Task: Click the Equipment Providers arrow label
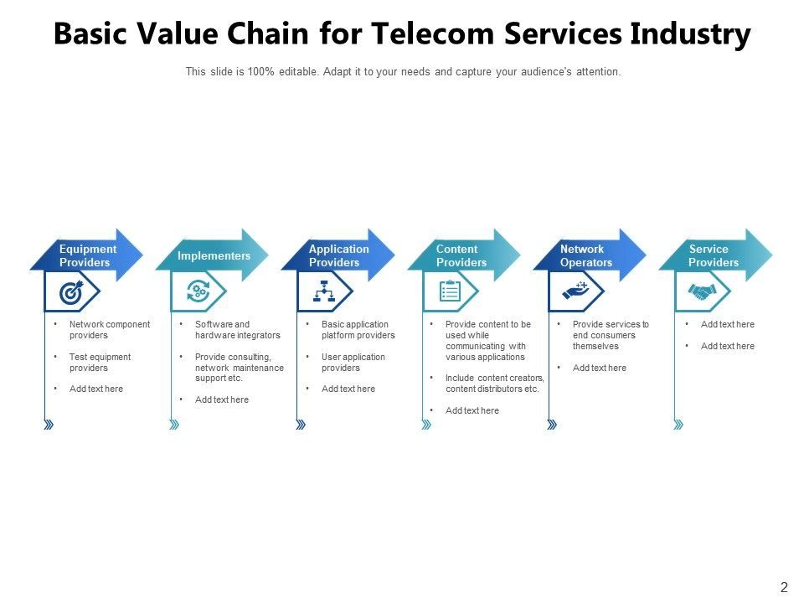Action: pos(88,255)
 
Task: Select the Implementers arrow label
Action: pos(214,255)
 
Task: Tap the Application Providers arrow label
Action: pos(338,255)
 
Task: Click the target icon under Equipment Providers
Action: pos(71,292)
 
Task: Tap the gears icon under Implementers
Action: pos(198,292)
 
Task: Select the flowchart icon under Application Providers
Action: pos(324,292)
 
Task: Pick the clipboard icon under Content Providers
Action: pos(450,291)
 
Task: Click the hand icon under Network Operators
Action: pos(576,291)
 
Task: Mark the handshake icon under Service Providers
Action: pos(702,291)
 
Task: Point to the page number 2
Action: pos(784,588)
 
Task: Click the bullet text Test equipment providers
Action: pos(100,362)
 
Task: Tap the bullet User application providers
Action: pos(353,362)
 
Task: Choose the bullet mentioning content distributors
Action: pos(494,383)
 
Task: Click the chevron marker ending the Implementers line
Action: pos(174,425)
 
